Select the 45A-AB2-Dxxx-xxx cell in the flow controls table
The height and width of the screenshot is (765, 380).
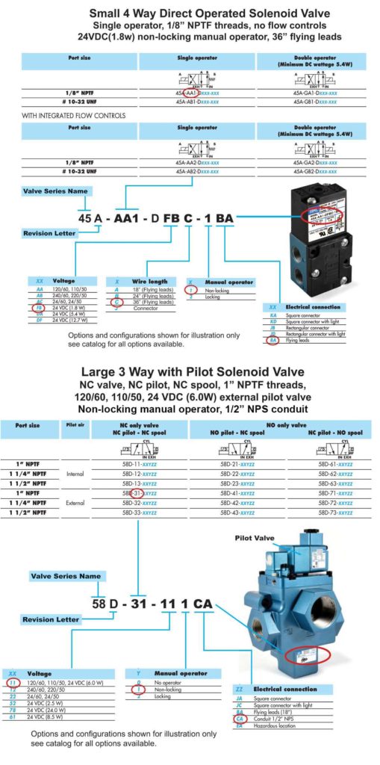pyautogui.click(x=197, y=171)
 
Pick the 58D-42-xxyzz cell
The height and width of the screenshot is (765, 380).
pyautogui.click(x=240, y=504)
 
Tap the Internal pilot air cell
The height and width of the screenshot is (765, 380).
pyautogui.click(x=74, y=474)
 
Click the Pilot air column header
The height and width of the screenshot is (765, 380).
pyautogui.click(x=74, y=428)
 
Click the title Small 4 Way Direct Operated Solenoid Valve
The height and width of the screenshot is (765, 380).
pyautogui.click(x=190, y=13)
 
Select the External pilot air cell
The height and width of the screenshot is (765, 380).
pyautogui.click(x=74, y=503)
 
